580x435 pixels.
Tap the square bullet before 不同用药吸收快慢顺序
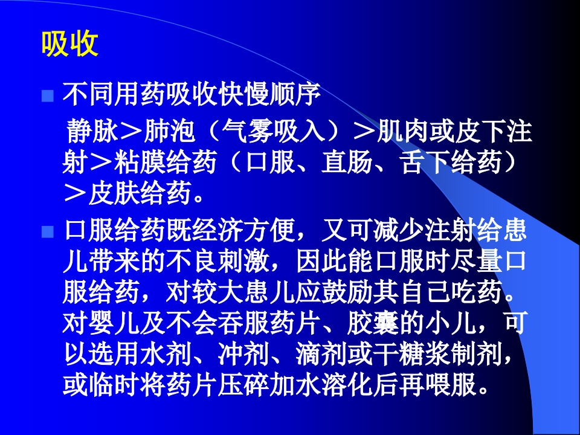48,96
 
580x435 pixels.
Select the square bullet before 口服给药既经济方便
48,232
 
